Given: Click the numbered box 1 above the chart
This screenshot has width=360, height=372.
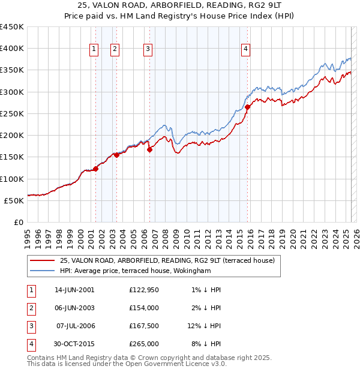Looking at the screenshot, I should (x=95, y=50).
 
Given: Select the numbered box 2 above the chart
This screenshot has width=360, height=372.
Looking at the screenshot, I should (x=115, y=50).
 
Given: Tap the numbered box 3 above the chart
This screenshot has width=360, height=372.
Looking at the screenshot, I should (x=148, y=50).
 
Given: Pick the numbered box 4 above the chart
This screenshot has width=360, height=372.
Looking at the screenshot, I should (x=246, y=50).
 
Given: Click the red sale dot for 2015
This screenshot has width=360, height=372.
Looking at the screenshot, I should (x=247, y=107).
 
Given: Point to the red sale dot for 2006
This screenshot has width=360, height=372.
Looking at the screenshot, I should (x=149, y=150).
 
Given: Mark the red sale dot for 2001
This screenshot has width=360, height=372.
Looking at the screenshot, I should (x=95, y=169).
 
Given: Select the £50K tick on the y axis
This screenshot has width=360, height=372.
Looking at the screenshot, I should (x=14, y=200).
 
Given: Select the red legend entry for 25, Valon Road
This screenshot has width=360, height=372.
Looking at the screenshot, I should (x=167, y=260).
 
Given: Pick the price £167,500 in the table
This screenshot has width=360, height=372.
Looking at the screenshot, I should (x=144, y=326).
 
